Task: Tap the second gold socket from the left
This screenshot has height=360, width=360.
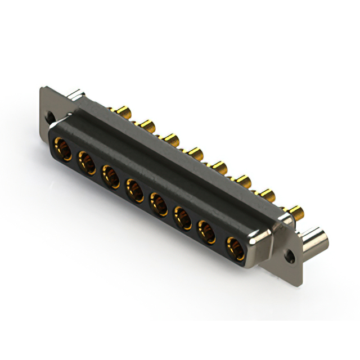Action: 87,163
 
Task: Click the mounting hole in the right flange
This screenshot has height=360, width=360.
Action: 291,255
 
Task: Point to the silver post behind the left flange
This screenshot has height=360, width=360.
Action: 77,94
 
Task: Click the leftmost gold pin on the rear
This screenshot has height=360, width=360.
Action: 122,111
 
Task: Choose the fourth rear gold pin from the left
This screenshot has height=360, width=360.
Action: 195,152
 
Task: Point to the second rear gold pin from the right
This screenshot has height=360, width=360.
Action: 267,196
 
